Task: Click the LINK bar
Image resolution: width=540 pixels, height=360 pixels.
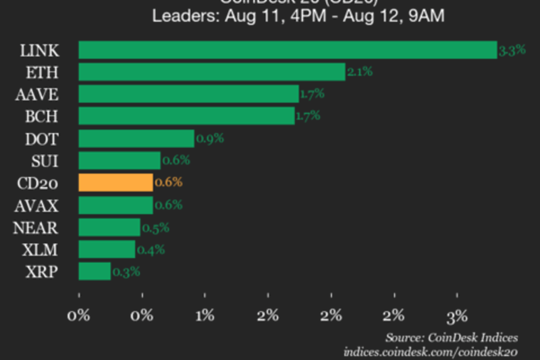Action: [x=288, y=50]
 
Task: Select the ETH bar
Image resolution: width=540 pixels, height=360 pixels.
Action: [x=212, y=72]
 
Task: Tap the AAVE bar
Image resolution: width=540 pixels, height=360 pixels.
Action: [x=189, y=94]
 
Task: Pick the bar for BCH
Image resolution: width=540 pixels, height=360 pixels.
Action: [x=187, y=116]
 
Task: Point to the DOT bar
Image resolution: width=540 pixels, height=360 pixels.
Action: [x=136, y=138]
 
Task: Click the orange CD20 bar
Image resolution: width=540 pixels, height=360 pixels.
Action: [x=116, y=182]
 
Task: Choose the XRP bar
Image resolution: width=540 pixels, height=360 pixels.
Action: [x=95, y=271]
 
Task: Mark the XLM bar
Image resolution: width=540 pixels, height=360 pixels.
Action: [x=107, y=249]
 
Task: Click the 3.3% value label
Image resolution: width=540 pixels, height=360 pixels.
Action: [x=512, y=50]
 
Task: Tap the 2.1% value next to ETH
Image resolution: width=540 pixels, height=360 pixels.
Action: [x=360, y=72]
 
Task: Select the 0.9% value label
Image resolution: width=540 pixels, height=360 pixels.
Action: [x=209, y=138]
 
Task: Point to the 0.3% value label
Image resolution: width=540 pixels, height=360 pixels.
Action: [x=126, y=272]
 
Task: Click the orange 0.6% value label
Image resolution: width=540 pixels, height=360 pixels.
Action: [x=168, y=182]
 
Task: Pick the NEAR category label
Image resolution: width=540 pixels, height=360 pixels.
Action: [x=35, y=227]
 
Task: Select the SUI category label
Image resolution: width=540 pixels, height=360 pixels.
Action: [x=45, y=161]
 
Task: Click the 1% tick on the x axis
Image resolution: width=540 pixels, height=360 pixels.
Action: [x=205, y=315]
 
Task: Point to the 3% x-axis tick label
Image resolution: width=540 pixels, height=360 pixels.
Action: [x=458, y=315]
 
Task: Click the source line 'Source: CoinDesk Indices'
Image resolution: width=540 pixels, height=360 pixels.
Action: [x=452, y=337]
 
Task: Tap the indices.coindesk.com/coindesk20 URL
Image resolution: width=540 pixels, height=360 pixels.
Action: [x=431, y=351]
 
